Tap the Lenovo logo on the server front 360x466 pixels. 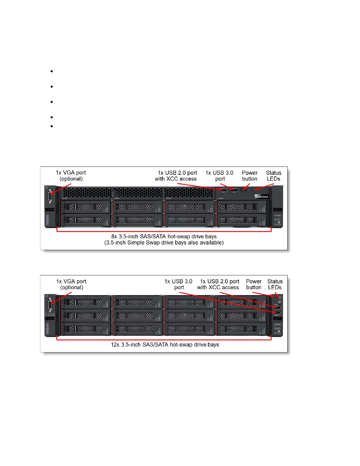click(261, 197)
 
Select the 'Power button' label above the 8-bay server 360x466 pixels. click(250, 176)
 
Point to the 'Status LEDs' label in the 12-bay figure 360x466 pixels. click(275, 284)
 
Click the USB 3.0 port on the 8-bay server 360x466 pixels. click(234, 190)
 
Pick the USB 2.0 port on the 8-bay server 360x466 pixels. click(223, 190)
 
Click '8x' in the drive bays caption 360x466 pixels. click(114, 237)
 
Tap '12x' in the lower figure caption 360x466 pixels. click(115, 345)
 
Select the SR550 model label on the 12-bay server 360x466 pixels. click(278, 324)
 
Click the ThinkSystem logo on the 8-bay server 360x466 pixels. click(47, 220)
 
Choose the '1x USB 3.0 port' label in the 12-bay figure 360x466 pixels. click(179, 284)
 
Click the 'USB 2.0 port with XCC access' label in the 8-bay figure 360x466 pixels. click(176, 176)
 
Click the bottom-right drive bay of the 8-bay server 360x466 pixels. click(242, 220)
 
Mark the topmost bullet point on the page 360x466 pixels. click(52, 71)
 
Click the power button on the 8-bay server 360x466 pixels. click(243, 190)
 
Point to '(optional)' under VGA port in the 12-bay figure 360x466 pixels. click(72, 287)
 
